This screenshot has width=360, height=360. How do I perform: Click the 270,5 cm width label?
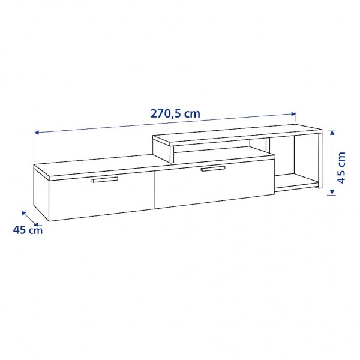pos(176,112)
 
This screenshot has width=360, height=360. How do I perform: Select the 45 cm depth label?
pos(28,229)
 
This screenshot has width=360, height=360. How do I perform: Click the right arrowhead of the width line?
pos(295,114)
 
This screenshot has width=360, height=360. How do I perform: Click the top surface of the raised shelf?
pos(240,133)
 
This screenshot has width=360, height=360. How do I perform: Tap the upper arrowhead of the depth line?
pos(22,211)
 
